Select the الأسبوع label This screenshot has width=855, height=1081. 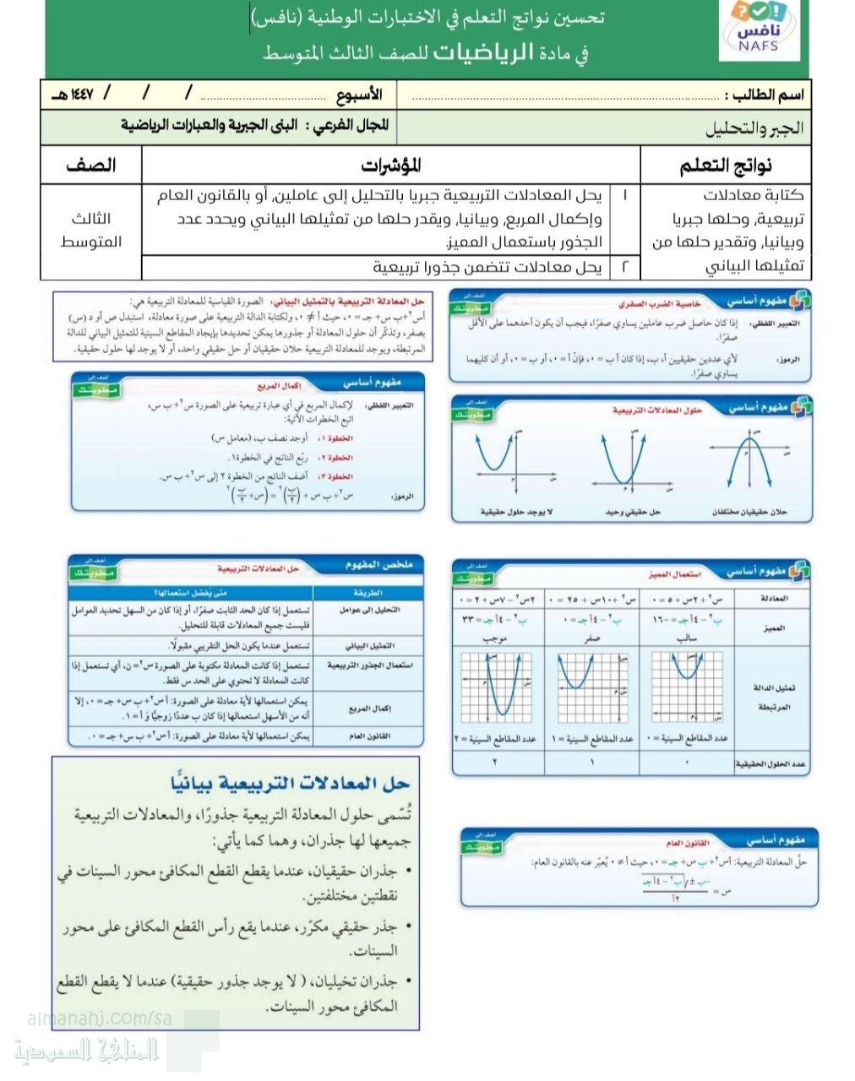coord(359,95)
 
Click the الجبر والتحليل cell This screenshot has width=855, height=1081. coord(754,128)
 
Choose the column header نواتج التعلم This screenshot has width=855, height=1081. coord(726,166)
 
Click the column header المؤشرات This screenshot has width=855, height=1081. coord(391,166)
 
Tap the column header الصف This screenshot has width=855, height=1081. coord(91,166)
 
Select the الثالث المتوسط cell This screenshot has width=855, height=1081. coord(91,230)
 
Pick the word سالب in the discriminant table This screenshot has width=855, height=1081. coord(685,638)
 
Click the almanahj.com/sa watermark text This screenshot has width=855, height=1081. coord(100,1019)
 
